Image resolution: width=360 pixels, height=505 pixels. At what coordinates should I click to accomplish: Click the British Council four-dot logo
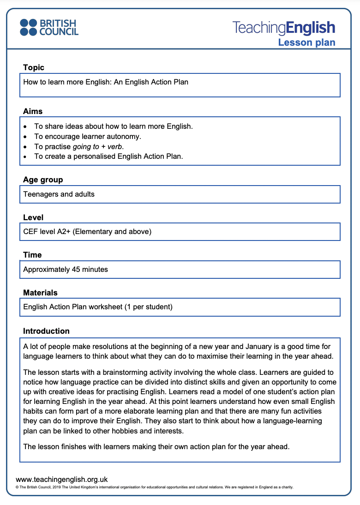[x=28, y=27]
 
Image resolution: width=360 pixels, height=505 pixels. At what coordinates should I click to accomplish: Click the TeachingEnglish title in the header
[x=283, y=28]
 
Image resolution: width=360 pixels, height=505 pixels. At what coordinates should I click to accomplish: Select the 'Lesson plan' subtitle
[x=306, y=42]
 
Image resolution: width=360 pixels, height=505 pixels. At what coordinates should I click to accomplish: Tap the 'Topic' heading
[x=34, y=67]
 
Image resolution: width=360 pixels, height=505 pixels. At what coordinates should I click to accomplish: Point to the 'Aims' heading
[x=33, y=111]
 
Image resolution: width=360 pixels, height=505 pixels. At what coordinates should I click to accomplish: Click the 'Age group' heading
[x=43, y=180]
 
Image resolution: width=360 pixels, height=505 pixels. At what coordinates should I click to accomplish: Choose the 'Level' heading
[x=33, y=217]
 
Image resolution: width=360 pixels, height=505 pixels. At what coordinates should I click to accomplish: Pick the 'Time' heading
[x=32, y=255]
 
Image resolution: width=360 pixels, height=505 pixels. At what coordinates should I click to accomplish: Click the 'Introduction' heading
[x=46, y=331]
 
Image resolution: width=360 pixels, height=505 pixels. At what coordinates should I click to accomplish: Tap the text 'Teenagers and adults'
[x=59, y=194]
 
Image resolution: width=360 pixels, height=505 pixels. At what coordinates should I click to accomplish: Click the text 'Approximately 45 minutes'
[x=66, y=269]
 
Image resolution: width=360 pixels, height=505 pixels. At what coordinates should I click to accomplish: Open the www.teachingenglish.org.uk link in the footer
[x=61, y=480]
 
